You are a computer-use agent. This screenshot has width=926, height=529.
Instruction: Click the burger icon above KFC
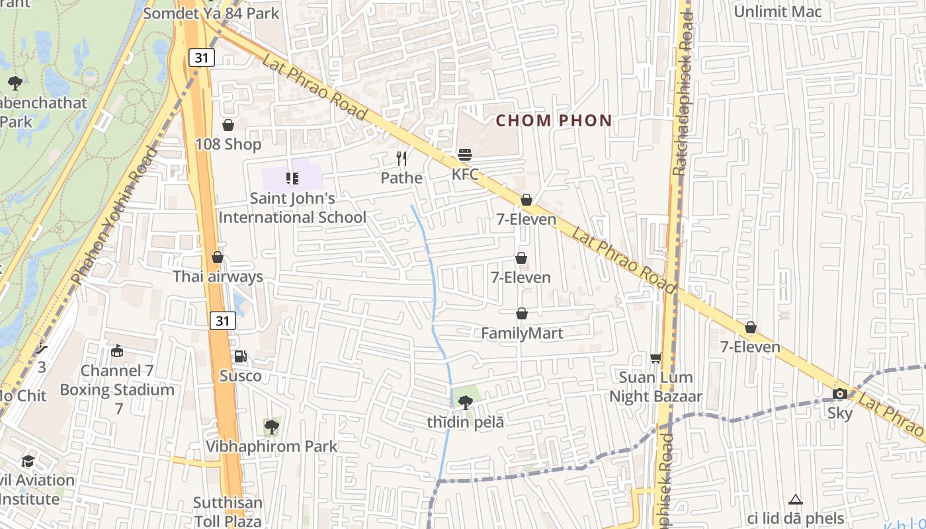tap(465, 155)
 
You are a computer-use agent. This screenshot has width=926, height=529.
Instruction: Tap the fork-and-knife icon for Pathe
tap(401, 159)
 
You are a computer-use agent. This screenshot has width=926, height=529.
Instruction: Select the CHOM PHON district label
tap(554, 121)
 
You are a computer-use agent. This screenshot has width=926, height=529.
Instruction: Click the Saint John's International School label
tap(292, 208)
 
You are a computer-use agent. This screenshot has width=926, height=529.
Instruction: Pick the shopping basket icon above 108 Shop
tap(228, 124)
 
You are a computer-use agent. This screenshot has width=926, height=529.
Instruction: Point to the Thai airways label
tap(218, 276)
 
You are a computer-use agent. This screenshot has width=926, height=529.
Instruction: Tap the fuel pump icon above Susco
tap(241, 356)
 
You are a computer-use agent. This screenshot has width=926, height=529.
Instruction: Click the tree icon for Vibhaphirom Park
tap(271, 427)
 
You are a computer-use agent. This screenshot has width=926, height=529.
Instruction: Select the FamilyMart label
tap(522, 333)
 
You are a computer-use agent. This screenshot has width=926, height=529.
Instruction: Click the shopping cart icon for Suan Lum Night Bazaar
tap(655, 358)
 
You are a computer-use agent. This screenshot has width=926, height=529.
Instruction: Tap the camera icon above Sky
tap(840, 394)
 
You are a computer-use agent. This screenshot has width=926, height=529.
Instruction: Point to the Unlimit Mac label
tap(778, 11)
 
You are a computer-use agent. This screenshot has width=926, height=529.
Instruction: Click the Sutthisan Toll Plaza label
tap(228, 512)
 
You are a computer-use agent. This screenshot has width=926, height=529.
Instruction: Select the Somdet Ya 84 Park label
tap(211, 13)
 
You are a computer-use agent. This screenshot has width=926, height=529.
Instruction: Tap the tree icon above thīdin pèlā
tap(466, 402)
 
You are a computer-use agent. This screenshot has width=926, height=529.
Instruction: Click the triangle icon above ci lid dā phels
tap(795, 499)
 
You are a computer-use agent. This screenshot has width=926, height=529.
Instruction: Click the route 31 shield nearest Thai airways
tap(224, 321)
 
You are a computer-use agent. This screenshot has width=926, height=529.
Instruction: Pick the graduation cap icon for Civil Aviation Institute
tap(28, 461)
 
